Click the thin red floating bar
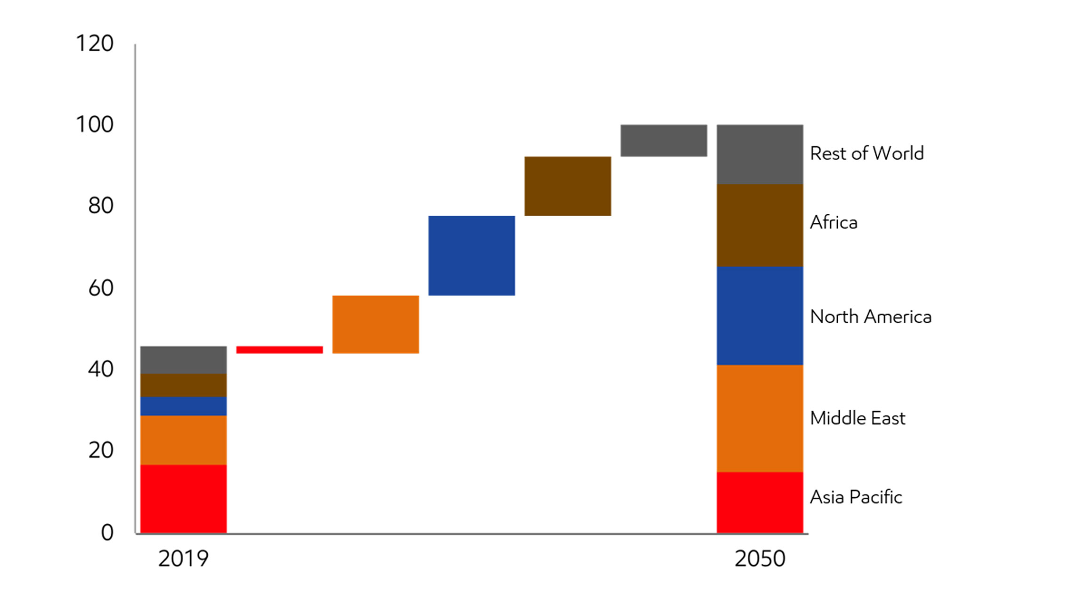tap(279, 350)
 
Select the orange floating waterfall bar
tap(375, 324)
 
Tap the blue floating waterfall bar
tap(471, 255)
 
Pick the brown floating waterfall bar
tap(567, 186)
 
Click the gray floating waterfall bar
tap(664, 140)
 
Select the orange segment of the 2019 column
tap(183, 440)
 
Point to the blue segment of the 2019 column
tap(183, 406)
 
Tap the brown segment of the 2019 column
tap(183, 385)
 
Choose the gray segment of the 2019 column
tap(183, 360)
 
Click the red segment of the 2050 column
tap(760, 502)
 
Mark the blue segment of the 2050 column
tap(760, 316)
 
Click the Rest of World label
tap(867, 154)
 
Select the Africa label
tap(834, 222)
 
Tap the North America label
tap(870, 317)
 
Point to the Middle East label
tap(857, 418)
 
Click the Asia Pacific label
tap(856, 497)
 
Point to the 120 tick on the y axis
tap(95, 44)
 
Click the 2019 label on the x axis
tap(183, 559)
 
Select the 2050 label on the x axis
tap(760, 559)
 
